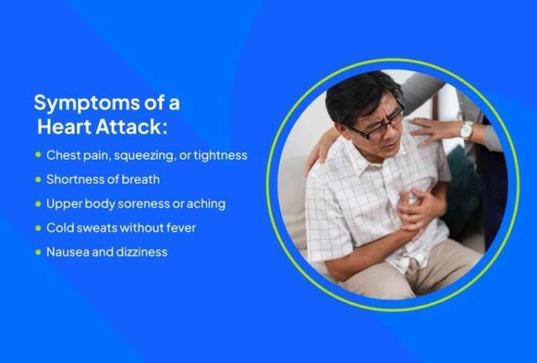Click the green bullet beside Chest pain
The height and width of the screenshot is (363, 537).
[x=38, y=155]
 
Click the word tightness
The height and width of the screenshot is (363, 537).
[x=219, y=155]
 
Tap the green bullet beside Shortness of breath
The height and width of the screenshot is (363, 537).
[x=38, y=180]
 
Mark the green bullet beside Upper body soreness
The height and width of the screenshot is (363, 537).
[x=38, y=204]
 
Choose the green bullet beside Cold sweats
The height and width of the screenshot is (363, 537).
[x=38, y=228]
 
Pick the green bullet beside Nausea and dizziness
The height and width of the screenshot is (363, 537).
[x=38, y=252]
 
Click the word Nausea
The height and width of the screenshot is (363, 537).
[x=65, y=252]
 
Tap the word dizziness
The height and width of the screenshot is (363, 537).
[x=139, y=252]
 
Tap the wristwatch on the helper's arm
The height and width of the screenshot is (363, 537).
[x=466, y=129]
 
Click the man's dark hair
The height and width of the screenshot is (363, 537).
[x=359, y=93]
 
